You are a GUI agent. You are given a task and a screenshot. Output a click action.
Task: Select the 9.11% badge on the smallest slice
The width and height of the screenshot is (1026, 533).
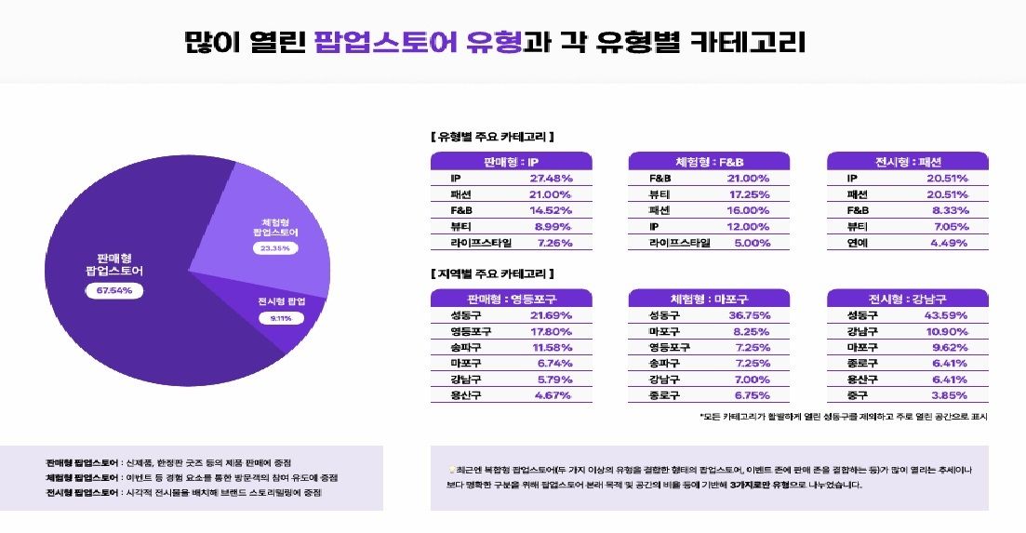[x=281, y=318]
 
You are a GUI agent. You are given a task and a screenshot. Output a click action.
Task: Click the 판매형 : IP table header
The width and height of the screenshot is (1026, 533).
[x=511, y=161]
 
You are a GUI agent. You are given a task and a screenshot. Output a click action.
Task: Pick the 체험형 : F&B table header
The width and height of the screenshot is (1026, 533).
[x=709, y=161]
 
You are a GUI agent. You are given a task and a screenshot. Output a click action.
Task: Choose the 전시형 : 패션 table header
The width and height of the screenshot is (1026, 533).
[x=907, y=161]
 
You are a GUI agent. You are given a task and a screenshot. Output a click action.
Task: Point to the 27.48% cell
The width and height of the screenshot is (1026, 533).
[x=551, y=179]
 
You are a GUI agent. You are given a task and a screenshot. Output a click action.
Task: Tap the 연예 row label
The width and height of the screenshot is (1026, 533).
[x=857, y=243]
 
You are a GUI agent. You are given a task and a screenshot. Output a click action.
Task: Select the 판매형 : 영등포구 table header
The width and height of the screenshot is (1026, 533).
[x=511, y=299]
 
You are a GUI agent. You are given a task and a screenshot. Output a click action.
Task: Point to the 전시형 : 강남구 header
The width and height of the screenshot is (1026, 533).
[x=907, y=299]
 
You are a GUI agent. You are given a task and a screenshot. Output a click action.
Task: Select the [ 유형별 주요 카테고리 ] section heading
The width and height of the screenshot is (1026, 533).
[x=493, y=137]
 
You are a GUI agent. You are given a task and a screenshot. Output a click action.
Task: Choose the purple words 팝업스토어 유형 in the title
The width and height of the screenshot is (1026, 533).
[x=418, y=42]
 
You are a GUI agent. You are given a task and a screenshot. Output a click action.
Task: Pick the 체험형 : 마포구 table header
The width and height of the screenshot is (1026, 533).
[x=709, y=299]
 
